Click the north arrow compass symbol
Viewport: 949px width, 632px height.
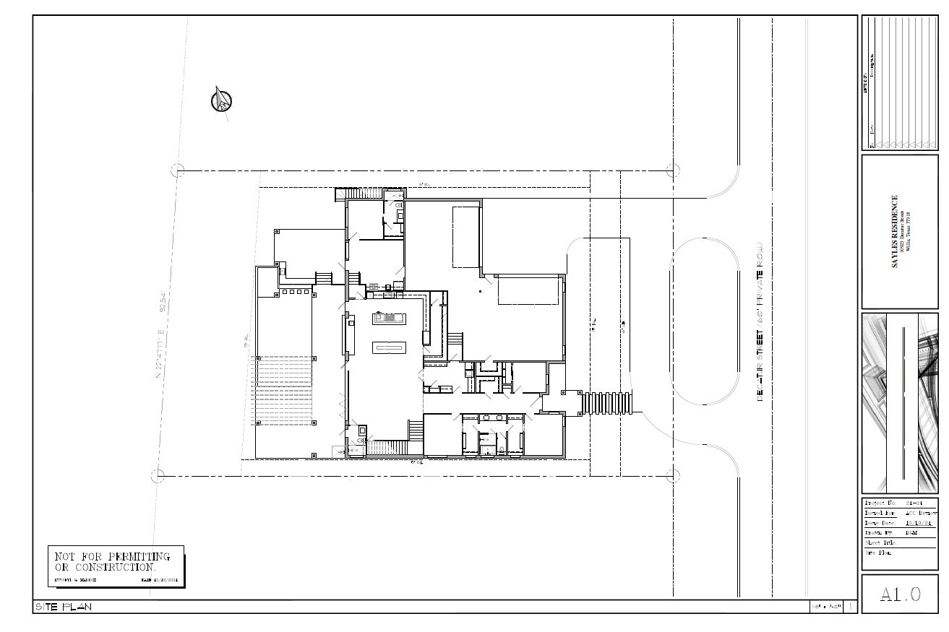[222, 100]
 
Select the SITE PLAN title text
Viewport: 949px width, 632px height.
[64, 607]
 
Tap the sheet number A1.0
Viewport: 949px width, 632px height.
[900, 594]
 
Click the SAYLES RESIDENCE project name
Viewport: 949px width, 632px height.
[895, 232]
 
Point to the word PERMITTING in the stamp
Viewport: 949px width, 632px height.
[138, 557]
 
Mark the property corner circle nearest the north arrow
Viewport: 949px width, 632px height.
[177, 170]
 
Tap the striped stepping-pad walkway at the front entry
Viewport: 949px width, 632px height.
[607, 402]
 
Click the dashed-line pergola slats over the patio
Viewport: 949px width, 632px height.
[283, 390]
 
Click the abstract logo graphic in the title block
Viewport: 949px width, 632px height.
[900, 403]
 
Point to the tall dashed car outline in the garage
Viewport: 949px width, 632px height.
[466, 237]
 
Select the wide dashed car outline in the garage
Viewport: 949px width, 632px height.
[529, 291]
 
